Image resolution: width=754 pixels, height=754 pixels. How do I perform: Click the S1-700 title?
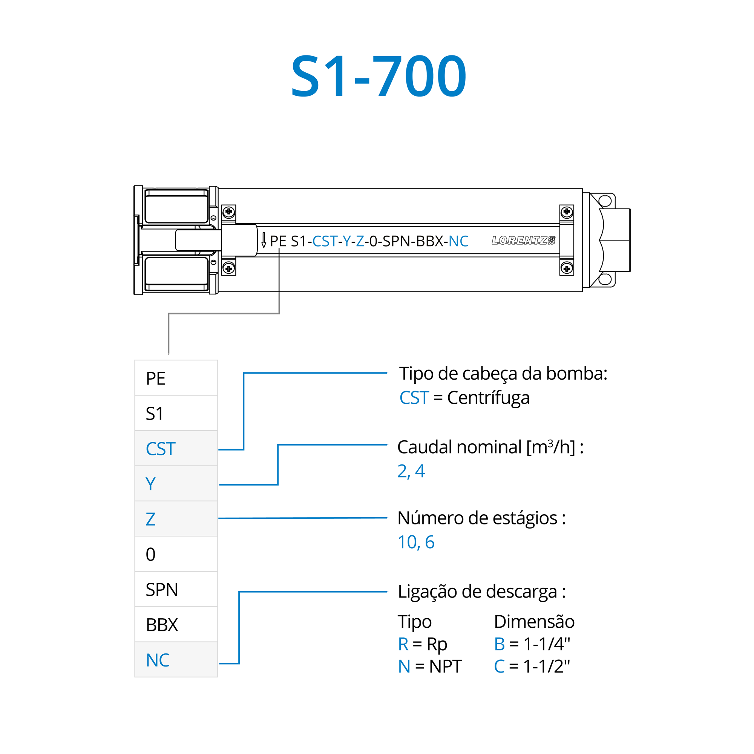coord(379,76)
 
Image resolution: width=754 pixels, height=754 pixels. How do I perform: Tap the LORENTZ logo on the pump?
coord(523,241)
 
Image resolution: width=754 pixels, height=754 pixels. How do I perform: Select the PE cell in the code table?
coord(176,378)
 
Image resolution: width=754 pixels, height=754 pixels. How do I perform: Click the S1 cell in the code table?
coord(176,413)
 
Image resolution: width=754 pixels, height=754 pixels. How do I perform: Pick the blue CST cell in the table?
coord(176,448)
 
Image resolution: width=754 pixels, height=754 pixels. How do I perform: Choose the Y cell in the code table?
coord(176,483)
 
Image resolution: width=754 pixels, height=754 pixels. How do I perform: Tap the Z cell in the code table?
coord(176,519)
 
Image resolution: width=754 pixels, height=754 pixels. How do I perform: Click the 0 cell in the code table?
coord(176,554)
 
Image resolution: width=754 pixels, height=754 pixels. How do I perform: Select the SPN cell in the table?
coord(176,589)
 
